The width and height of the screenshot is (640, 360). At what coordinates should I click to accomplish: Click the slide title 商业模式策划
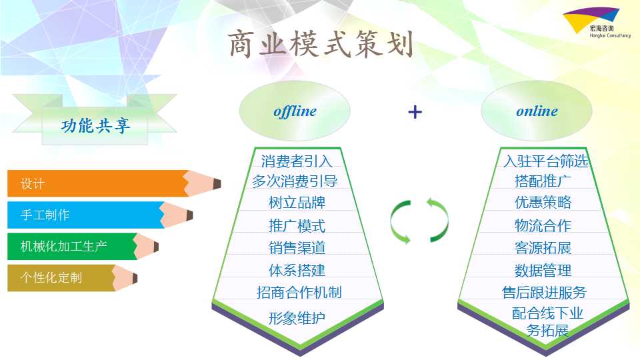click(321, 44)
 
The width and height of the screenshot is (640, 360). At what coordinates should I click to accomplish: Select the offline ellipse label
click(295, 111)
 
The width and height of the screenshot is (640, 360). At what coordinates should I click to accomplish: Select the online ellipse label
click(537, 111)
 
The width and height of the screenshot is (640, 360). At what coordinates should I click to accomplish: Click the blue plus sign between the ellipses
click(415, 112)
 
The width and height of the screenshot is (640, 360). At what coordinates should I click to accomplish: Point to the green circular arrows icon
click(419, 221)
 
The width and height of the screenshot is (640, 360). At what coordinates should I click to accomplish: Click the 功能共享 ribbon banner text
click(95, 125)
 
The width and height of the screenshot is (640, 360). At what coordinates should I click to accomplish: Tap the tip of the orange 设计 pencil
click(221, 184)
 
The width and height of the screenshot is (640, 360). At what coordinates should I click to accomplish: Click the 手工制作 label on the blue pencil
click(45, 215)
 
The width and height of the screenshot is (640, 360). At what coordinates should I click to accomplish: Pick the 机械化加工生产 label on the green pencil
click(64, 246)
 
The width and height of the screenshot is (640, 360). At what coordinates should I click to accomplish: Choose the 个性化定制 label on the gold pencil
click(51, 277)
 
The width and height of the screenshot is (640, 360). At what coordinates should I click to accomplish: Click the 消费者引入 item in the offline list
click(297, 161)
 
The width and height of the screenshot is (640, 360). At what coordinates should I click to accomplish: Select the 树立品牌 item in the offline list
click(297, 203)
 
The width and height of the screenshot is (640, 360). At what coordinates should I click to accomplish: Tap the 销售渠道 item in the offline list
click(297, 248)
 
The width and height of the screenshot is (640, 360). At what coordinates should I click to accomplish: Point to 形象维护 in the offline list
click(297, 318)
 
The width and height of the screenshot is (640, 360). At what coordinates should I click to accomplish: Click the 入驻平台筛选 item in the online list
click(545, 161)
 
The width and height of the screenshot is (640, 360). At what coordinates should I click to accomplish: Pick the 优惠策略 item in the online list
click(543, 202)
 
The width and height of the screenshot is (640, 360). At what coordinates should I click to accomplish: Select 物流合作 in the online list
click(543, 225)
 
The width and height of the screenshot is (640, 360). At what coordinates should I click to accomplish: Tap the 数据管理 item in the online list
click(543, 270)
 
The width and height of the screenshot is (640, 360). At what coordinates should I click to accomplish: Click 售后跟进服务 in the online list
click(544, 292)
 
